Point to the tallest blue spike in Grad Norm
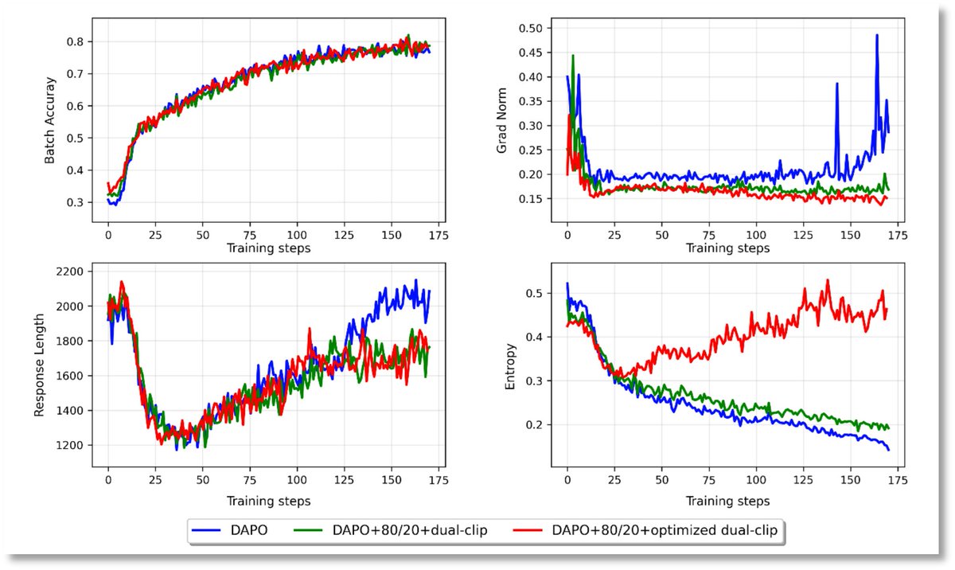point(877,35)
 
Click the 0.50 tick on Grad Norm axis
point(539,28)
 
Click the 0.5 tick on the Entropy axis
point(544,294)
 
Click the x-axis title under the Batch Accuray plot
point(268,248)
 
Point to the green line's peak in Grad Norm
point(573,56)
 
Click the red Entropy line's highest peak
point(828,280)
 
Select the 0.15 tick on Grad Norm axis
point(539,199)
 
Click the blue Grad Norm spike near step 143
point(837,84)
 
